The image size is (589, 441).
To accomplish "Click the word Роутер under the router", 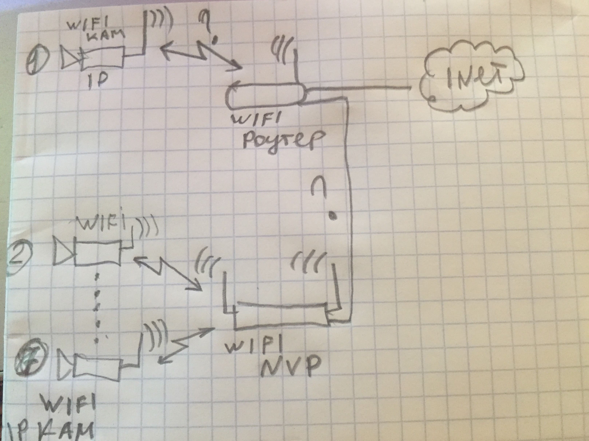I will (x=281, y=144).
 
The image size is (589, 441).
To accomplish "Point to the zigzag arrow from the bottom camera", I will (x=184, y=346).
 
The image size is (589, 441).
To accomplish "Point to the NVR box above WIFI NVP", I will (x=282, y=316).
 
